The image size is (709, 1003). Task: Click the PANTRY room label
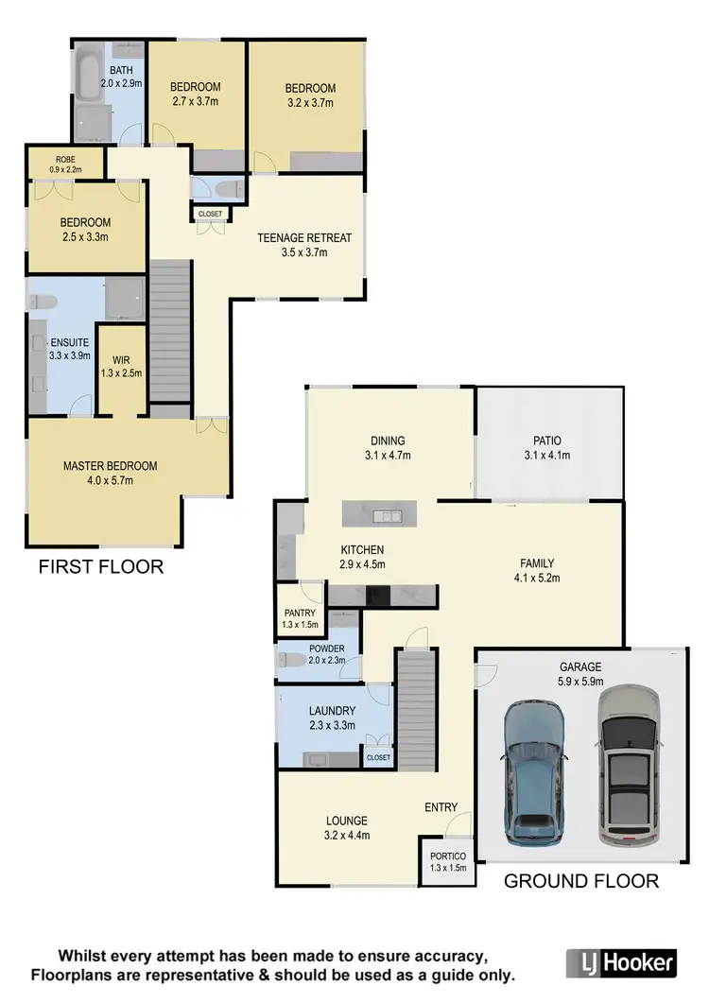(x=299, y=618)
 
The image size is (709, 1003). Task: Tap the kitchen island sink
(x=388, y=516)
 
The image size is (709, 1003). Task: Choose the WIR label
(x=120, y=366)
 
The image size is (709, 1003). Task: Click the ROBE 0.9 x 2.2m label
(x=65, y=164)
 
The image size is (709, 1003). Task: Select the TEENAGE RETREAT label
(x=304, y=245)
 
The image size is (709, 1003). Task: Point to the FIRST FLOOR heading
(x=101, y=567)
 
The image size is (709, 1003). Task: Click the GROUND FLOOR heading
(x=580, y=881)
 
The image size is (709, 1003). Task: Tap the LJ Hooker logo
(x=621, y=962)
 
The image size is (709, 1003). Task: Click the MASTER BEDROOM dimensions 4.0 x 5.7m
(x=111, y=480)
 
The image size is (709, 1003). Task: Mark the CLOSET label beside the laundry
(x=378, y=757)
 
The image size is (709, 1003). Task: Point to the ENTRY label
(x=441, y=806)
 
